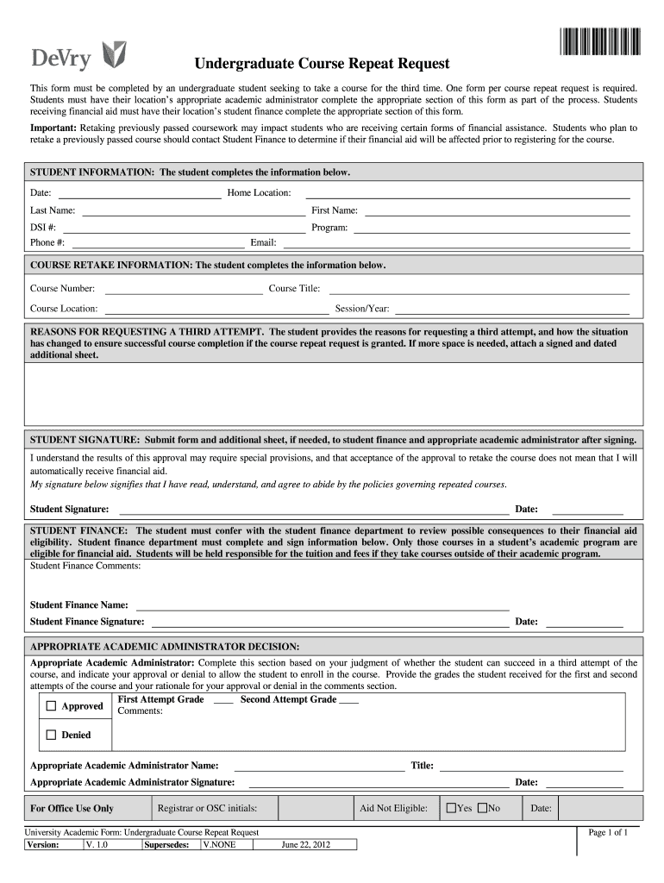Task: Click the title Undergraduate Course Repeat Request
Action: (x=321, y=64)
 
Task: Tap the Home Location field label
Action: (x=259, y=192)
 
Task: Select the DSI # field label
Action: (x=43, y=228)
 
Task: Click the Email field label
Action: (x=263, y=243)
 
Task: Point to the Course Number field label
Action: (x=63, y=289)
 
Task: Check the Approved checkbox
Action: (x=51, y=706)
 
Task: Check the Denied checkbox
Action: (x=51, y=736)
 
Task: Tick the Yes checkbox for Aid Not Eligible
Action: (x=451, y=808)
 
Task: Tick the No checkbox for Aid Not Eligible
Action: (x=483, y=808)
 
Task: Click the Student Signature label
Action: (x=70, y=509)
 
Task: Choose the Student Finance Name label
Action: (x=79, y=605)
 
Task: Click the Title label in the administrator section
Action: (x=423, y=765)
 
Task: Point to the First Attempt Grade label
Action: (x=160, y=699)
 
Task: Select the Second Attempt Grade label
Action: (x=288, y=699)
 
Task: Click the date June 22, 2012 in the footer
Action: (x=305, y=845)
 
